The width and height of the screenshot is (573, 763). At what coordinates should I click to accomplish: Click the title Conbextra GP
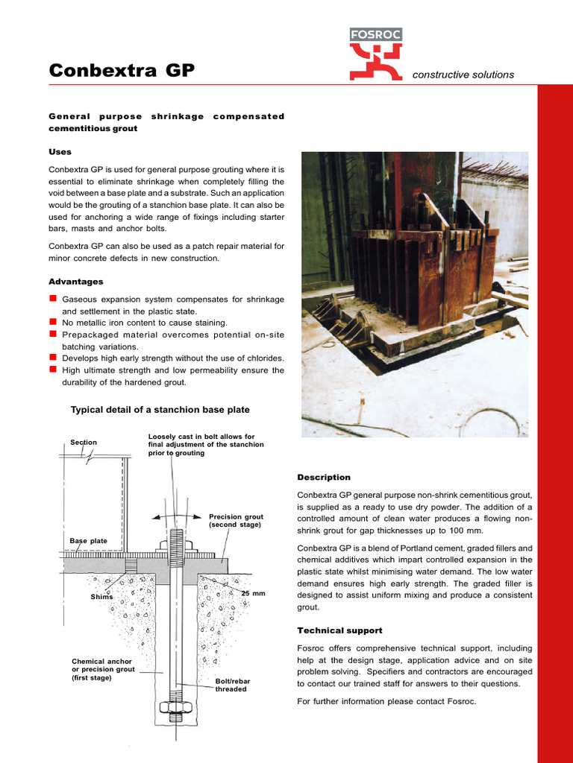pyautogui.click(x=122, y=71)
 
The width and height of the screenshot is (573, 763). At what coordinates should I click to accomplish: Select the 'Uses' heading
pyautogui.click(x=60, y=151)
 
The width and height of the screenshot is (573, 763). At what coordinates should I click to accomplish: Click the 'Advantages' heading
pyautogui.click(x=76, y=282)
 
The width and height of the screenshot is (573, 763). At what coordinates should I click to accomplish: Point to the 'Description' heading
pyautogui.click(x=324, y=477)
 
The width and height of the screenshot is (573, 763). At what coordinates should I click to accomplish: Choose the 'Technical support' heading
pyautogui.click(x=339, y=630)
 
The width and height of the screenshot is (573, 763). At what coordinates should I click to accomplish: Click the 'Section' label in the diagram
pyautogui.click(x=84, y=442)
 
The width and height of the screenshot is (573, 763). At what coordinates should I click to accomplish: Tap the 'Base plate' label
pyautogui.click(x=88, y=540)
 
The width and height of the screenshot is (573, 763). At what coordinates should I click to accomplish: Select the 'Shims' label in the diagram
pyautogui.click(x=101, y=597)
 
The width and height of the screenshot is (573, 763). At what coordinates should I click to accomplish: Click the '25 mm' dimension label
pyautogui.click(x=254, y=593)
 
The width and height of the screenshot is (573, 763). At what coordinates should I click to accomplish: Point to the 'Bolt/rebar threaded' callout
pyautogui.click(x=231, y=686)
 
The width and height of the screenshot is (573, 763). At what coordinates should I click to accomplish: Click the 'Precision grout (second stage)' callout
pyautogui.click(x=236, y=521)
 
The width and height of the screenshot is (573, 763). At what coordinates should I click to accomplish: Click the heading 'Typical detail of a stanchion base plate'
pyautogui.click(x=160, y=410)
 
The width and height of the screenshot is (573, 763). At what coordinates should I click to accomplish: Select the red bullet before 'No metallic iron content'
pyautogui.click(x=53, y=322)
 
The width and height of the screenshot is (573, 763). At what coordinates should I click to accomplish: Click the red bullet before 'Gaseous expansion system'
pyautogui.click(x=53, y=299)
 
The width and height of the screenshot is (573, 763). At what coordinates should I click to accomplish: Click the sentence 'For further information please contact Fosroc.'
pyautogui.click(x=386, y=702)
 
